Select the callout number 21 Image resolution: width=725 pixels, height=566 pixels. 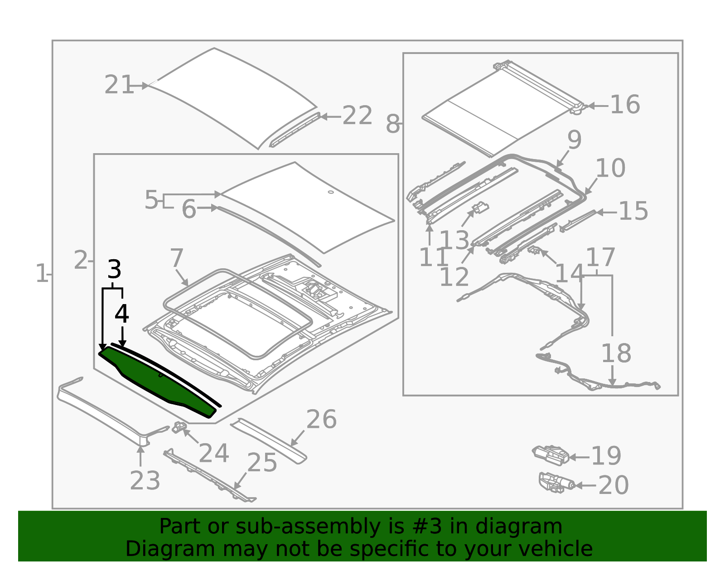(119, 85)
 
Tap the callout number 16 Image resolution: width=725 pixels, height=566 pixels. (625, 105)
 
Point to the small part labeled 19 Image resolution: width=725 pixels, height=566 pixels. (550, 455)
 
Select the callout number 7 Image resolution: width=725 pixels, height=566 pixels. (177, 258)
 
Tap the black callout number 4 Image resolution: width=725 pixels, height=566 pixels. (121, 314)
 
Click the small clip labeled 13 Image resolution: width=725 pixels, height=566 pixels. (480, 208)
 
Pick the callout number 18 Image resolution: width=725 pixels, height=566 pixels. (616, 353)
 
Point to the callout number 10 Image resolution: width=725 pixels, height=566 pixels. (610, 169)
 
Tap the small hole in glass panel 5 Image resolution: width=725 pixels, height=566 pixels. (330, 192)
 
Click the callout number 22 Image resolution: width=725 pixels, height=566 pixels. (357, 116)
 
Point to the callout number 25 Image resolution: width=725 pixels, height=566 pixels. (262, 463)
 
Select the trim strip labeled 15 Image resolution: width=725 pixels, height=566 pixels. (578, 220)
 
